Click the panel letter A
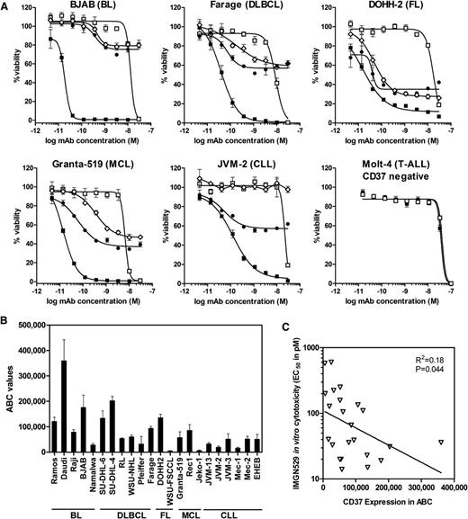pyautogui.click(x=6, y=6)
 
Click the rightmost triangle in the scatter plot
pyautogui.click(x=441, y=442)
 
